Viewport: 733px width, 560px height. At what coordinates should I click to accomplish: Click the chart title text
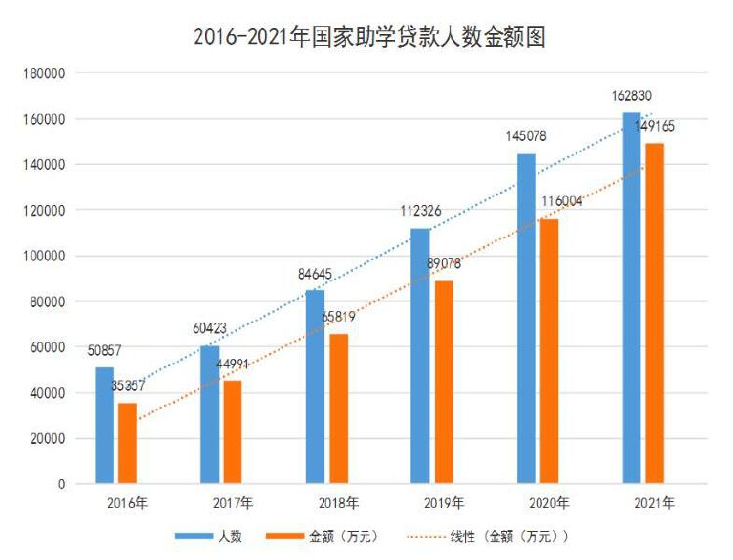[x=368, y=37]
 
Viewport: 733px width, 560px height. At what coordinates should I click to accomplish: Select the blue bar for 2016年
[x=105, y=425]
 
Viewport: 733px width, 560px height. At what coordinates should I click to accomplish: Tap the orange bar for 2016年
[x=127, y=443]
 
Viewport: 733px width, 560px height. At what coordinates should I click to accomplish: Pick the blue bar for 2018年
[x=315, y=386]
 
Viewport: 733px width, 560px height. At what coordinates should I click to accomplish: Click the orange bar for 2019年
[x=443, y=381]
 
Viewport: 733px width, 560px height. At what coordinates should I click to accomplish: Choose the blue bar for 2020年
[x=526, y=318]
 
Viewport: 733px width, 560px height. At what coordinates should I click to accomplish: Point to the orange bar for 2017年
[x=233, y=431]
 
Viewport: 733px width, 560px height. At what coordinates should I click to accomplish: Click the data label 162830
[x=631, y=96]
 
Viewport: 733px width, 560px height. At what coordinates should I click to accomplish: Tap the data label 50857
[x=105, y=350]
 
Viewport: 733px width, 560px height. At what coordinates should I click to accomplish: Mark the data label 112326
[x=421, y=211]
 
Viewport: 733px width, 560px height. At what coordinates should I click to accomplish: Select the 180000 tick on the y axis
[x=45, y=73]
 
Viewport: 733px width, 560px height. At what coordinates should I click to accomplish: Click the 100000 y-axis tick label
[x=45, y=256]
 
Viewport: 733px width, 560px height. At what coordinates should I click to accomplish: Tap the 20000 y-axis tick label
[x=48, y=439]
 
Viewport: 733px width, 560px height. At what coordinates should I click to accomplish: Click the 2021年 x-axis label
[x=655, y=503]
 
